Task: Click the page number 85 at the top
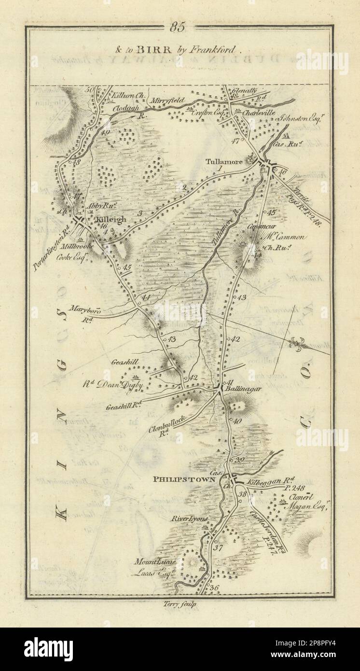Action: tap(177, 28)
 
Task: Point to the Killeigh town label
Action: tap(111, 220)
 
